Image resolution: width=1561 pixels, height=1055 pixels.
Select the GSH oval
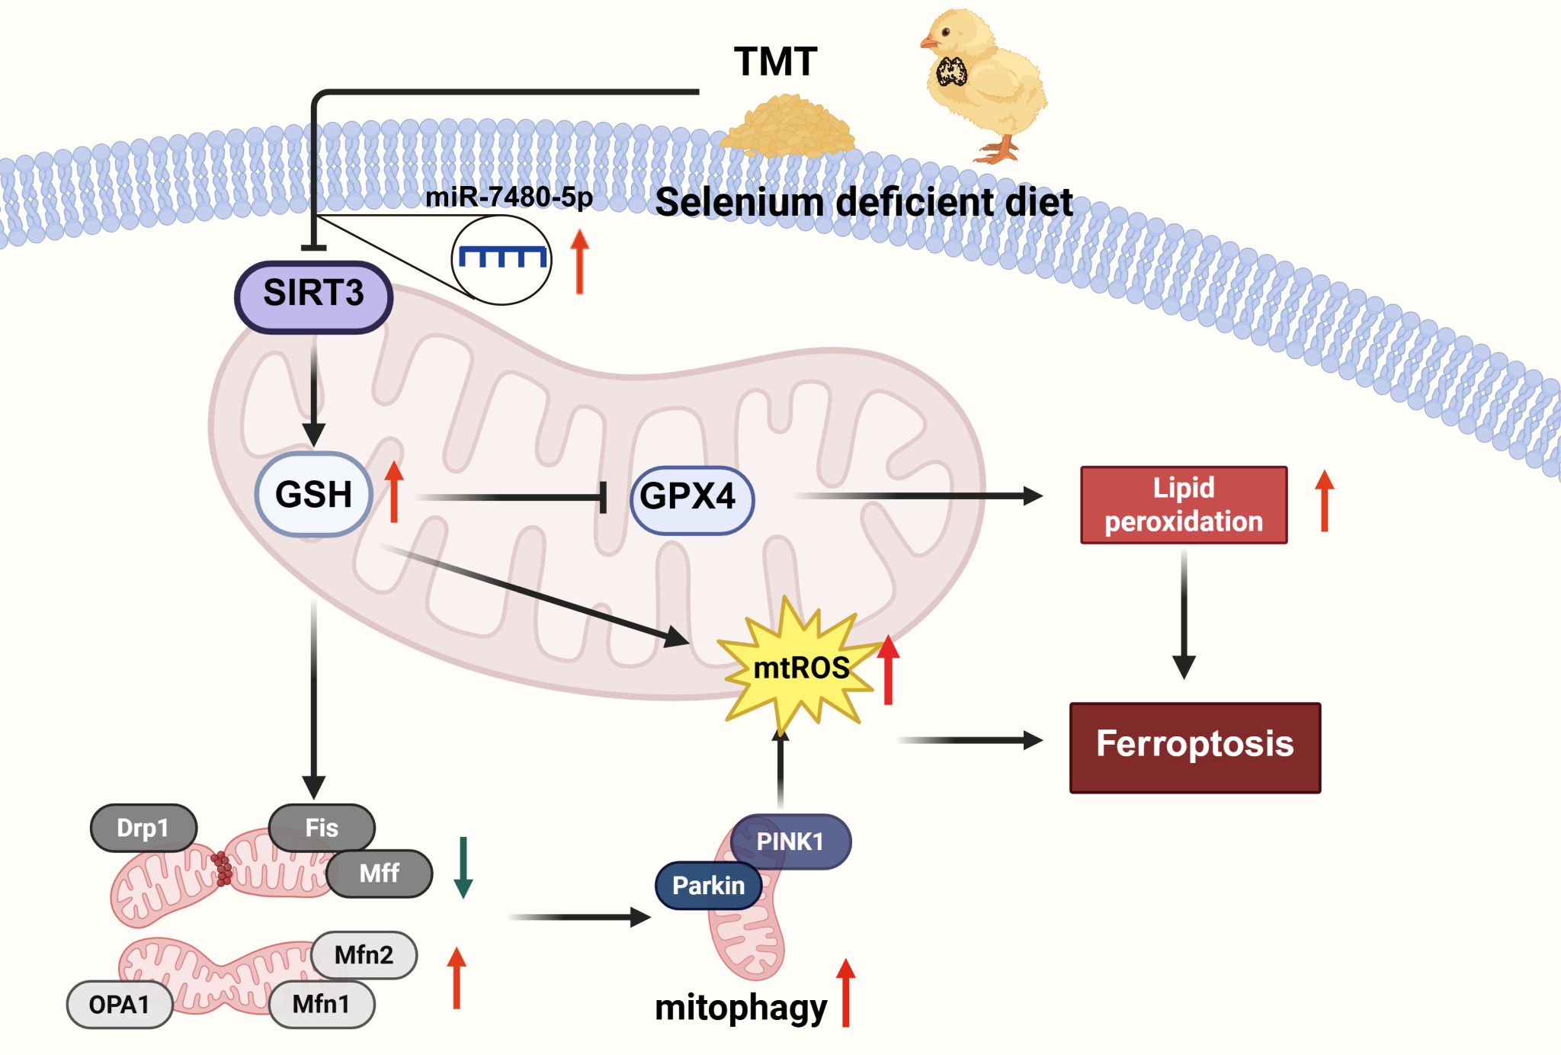pyautogui.click(x=313, y=495)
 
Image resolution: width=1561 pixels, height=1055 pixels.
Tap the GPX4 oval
pyautogui.click(x=691, y=499)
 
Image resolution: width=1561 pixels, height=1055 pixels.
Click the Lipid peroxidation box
pyautogui.click(x=1183, y=505)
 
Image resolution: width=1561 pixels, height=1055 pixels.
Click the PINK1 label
pyautogui.click(x=790, y=842)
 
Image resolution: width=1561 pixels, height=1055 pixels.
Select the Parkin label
pyautogui.click(x=708, y=886)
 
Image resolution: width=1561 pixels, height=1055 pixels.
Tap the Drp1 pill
pyautogui.click(x=143, y=828)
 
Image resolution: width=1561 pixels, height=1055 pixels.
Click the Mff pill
pyautogui.click(x=380, y=873)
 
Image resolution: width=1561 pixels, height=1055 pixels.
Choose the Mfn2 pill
pyautogui.click(x=364, y=954)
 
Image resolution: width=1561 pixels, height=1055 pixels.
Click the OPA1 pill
pyautogui.click(x=120, y=1005)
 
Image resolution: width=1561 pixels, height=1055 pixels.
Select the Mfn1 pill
pyautogui.click(x=322, y=1005)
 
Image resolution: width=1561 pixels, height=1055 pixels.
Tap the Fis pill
pyautogui.click(x=322, y=828)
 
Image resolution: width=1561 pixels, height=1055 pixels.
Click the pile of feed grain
pyautogui.click(x=788, y=126)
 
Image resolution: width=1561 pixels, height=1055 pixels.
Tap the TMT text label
pyautogui.click(x=775, y=62)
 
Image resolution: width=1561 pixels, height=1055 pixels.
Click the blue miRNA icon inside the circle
pyautogui.click(x=502, y=257)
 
